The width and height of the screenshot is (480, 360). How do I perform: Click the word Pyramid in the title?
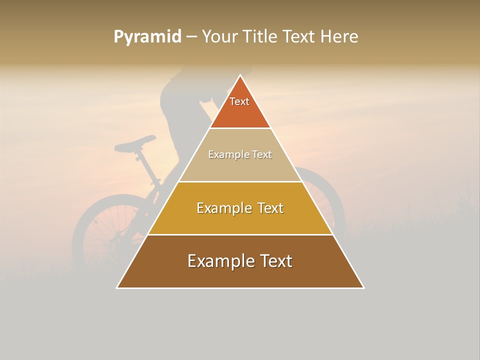pyautogui.click(x=147, y=37)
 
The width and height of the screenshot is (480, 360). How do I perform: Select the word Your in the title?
pyautogui.click(x=220, y=37)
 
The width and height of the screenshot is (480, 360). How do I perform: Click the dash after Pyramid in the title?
pyautogui.click(x=191, y=37)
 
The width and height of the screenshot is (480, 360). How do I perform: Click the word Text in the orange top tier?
pyautogui.click(x=239, y=101)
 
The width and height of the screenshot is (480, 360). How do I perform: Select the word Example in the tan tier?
pyautogui.click(x=227, y=154)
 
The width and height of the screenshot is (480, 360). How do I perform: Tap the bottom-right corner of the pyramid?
pyautogui.click(x=363, y=287)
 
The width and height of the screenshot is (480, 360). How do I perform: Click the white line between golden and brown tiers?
pyautogui.click(x=240, y=234)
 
